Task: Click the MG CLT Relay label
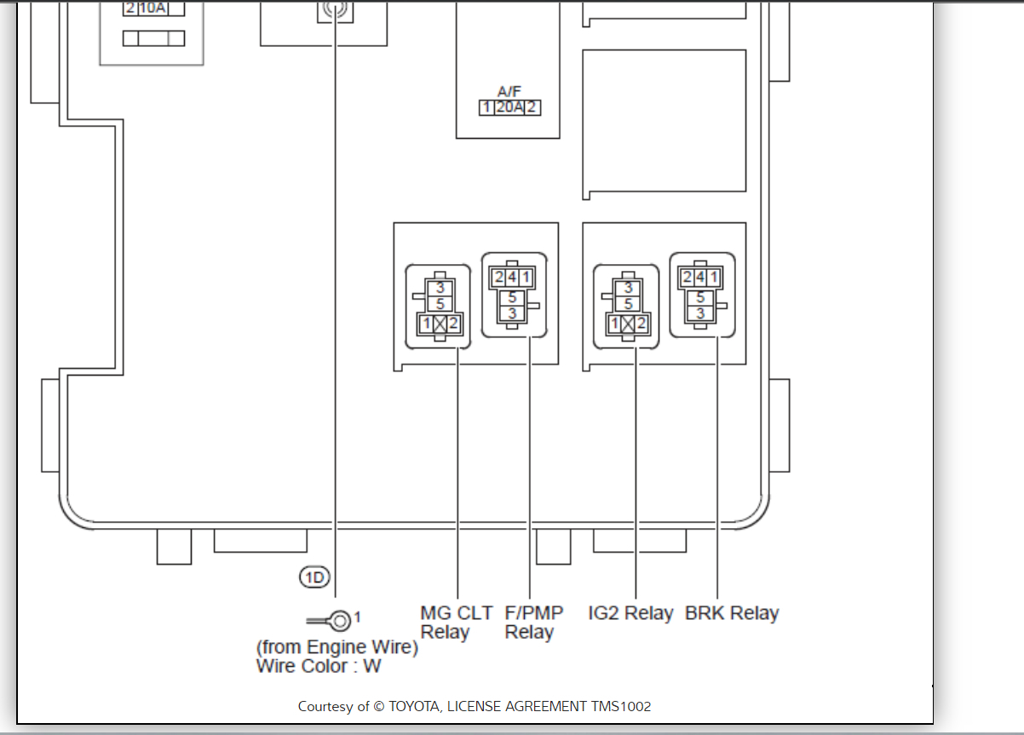coord(456,623)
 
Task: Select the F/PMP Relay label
coord(533,623)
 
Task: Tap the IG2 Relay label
coord(630,613)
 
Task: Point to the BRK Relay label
coord(732,613)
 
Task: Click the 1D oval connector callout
coord(314,577)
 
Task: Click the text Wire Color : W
coord(319,666)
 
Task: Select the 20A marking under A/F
coord(509,108)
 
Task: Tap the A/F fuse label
coord(509,91)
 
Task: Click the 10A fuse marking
coord(152,9)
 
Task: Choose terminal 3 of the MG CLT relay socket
coord(440,289)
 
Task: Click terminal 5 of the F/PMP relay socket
coord(512,297)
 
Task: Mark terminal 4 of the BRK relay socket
coord(699,278)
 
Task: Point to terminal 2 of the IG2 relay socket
coord(641,324)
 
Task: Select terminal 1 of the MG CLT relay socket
coord(425,324)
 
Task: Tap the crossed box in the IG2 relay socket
coord(628,324)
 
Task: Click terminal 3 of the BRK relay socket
coord(699,313)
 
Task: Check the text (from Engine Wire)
coord(337,647)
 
